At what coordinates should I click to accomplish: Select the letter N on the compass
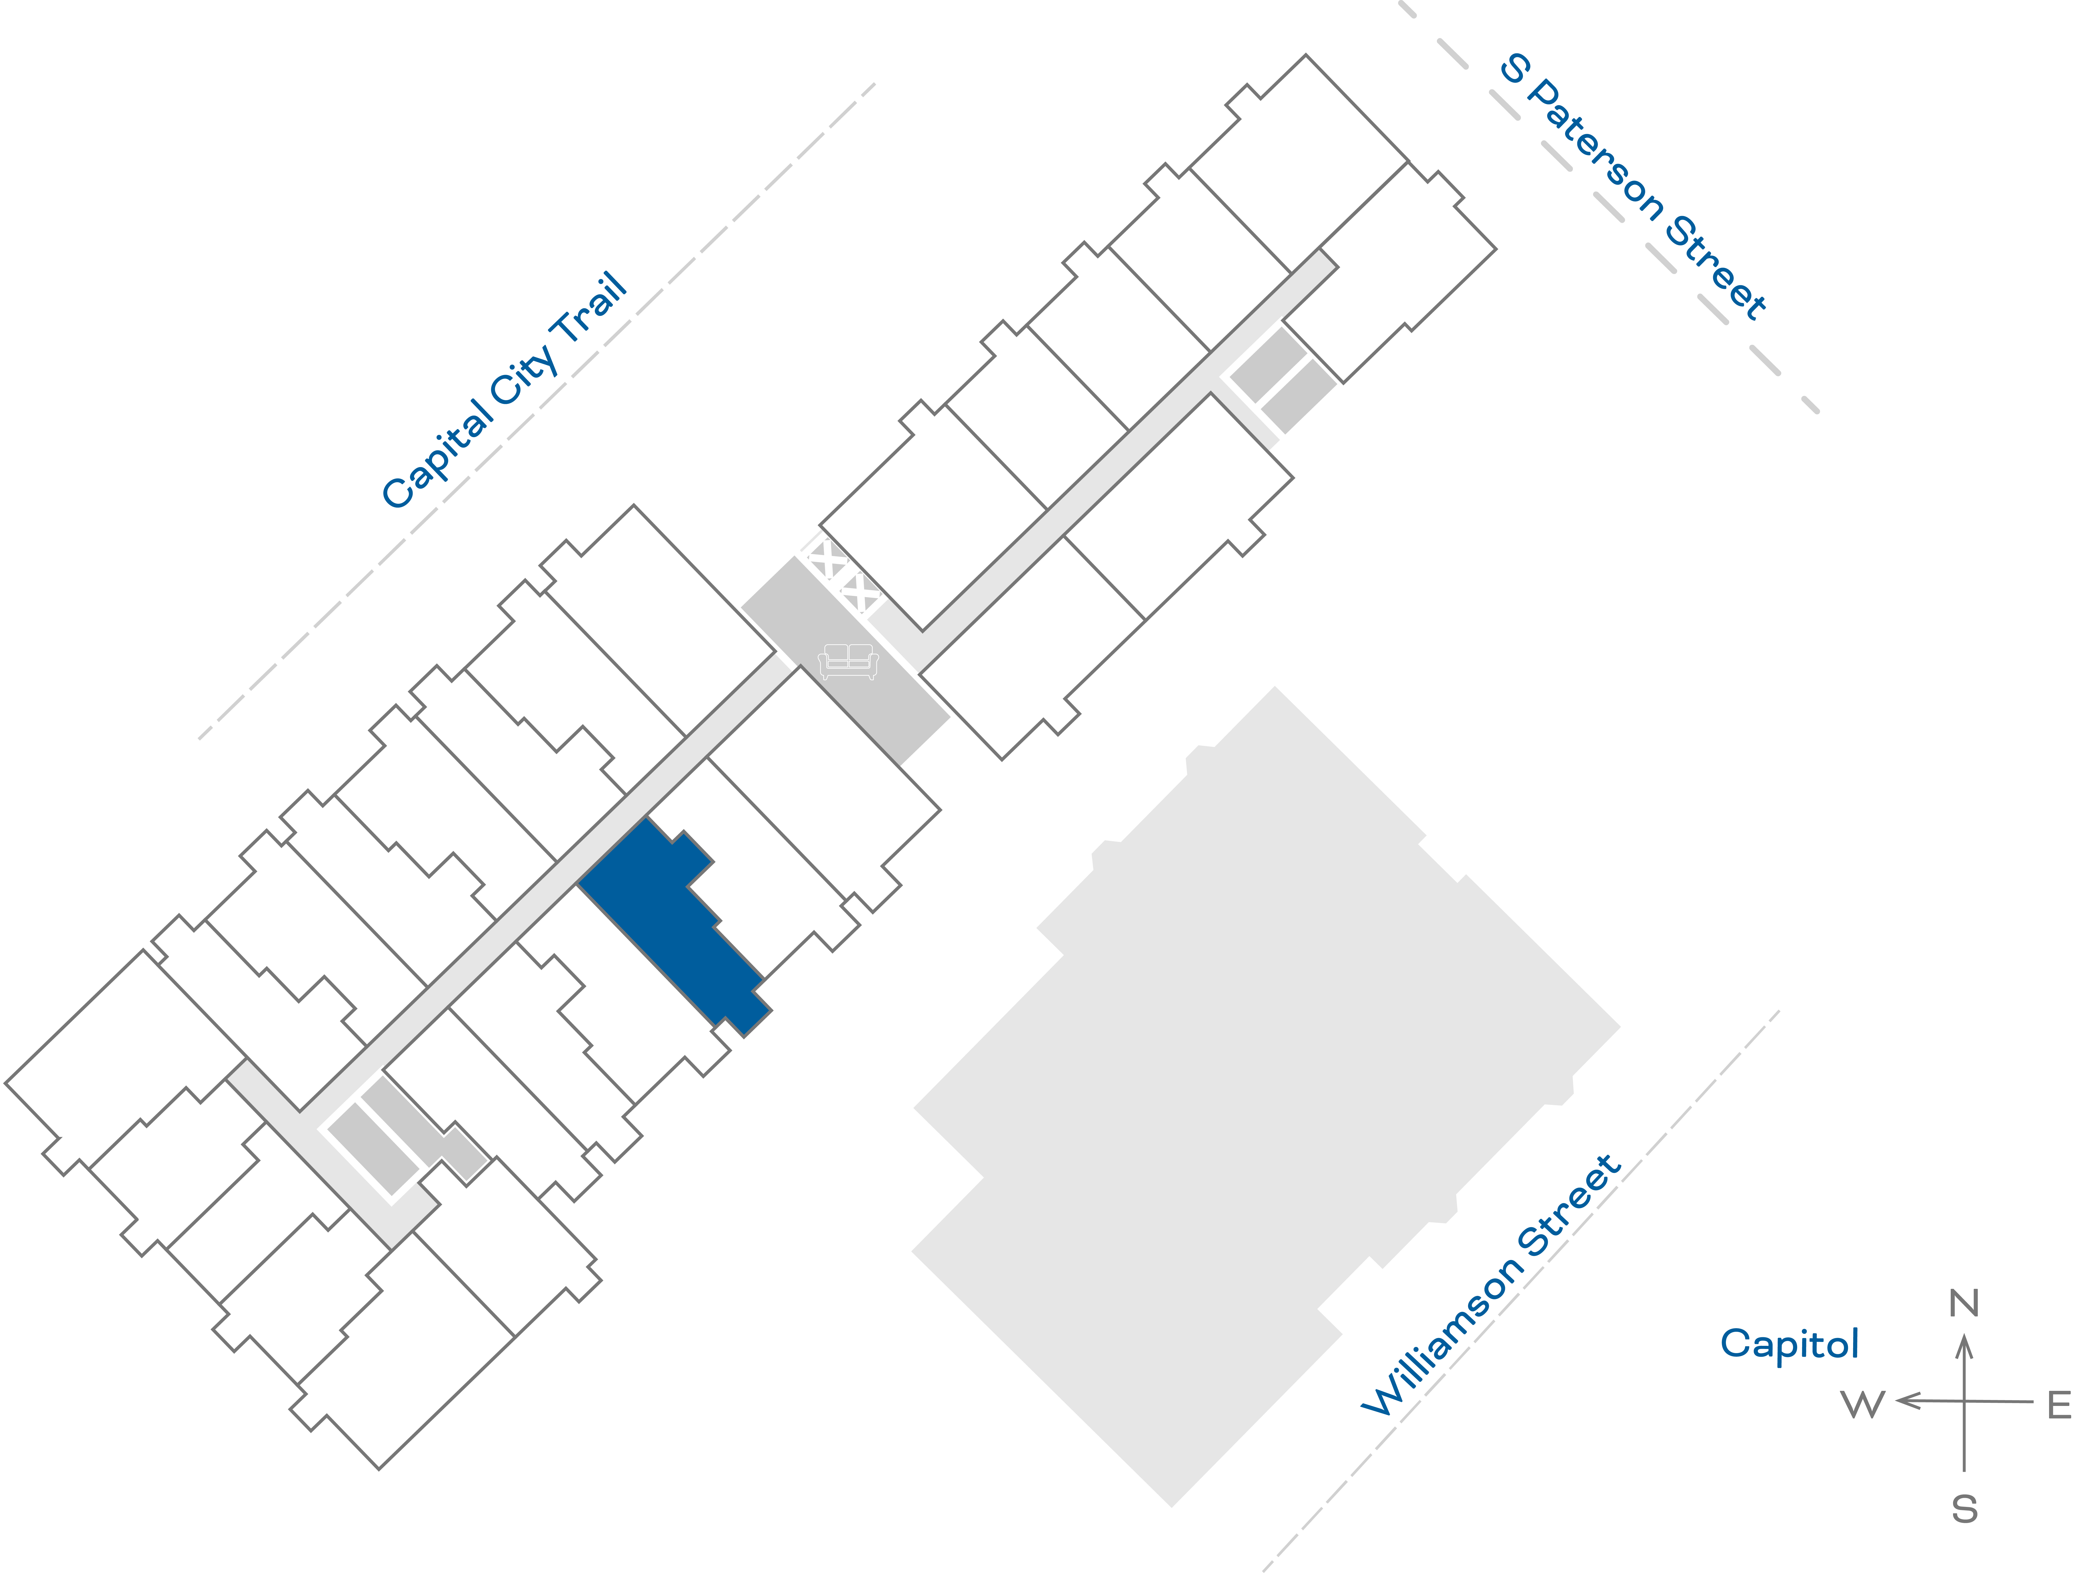[1963, 1303]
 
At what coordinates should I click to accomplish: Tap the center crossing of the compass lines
[1964, 1402]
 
